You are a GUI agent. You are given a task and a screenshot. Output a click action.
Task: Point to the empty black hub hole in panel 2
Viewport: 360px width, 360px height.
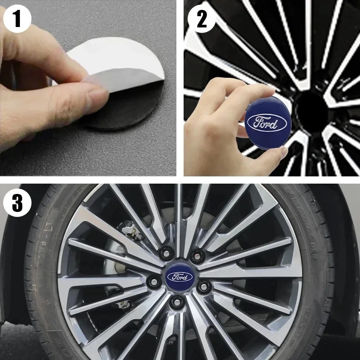[x=310, y=108]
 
